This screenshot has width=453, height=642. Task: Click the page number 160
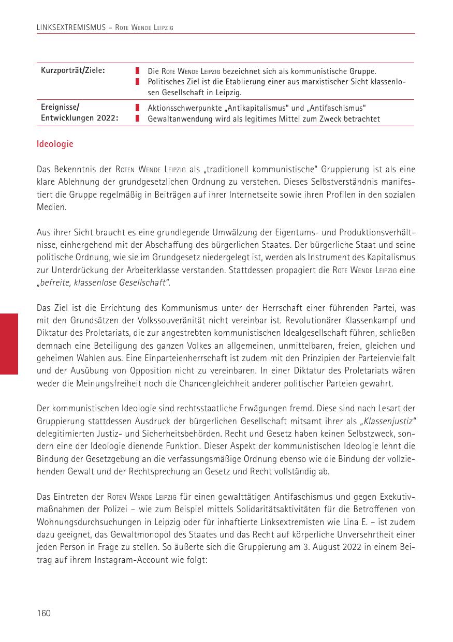(43, 613)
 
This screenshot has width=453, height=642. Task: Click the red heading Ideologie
(55, 144)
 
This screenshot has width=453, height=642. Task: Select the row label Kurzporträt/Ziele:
(73, 70)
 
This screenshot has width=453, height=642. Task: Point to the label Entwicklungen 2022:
(79, 118)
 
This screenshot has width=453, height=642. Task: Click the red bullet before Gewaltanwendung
(138, 118)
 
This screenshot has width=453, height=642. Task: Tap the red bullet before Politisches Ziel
(138, 82)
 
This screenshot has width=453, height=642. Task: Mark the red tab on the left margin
(9, 344)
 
